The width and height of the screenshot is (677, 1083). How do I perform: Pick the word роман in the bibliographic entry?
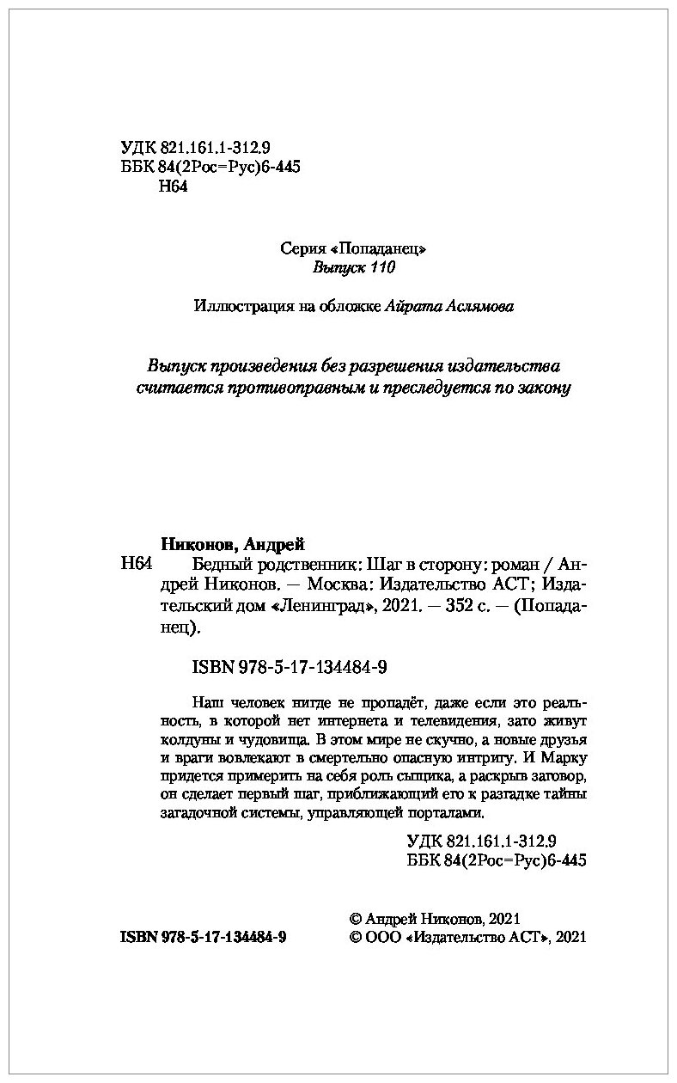coord(514,565)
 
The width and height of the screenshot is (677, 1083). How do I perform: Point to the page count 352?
coord(454,608)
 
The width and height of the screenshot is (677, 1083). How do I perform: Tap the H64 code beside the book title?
coord(137,565)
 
